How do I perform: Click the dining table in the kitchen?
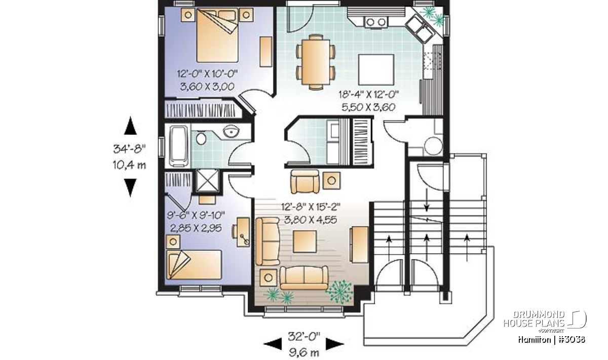click(x=315, y=62)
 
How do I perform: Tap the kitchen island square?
click(x=376, y=70)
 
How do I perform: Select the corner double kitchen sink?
click(x=420, y=28)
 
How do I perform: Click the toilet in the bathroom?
click(x=201, y=138)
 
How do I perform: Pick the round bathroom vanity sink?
click(x=231, y=132)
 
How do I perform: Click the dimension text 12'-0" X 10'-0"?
click(x=207, y=73)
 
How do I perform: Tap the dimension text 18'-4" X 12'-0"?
click(x=368, y=94)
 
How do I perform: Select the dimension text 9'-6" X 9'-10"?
click(x=196, y=215)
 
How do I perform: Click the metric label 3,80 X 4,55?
click(x=311, y=220)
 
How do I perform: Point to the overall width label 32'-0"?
click(x=304, y=337)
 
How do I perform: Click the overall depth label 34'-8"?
click(x=130, y=149)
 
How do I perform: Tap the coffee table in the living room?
click(x=305, y=242)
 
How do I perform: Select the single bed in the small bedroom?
click(x=194, y=265)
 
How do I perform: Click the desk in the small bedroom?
click(x=243, y=232)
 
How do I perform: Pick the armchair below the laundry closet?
click(x=305, y=181)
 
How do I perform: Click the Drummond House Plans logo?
click(x=545, y=322)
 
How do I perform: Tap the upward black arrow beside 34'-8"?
click(x=130, y=126)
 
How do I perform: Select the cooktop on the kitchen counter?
click(x=376, y=22)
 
